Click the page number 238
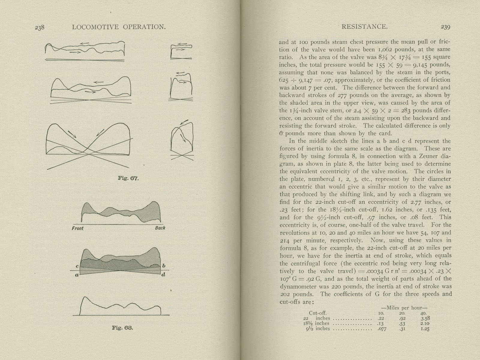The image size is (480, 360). [x=40, y=27]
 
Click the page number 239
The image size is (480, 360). [x=445, y=27]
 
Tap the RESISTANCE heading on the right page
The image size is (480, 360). [x=364, y=27]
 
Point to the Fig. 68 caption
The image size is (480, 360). [x=122, y=328]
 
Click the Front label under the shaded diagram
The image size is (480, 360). [x=78, y=228]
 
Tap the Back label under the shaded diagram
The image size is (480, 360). [x=160, y=228]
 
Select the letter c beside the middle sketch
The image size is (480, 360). [x=77, y=266]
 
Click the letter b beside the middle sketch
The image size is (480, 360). [x=164, y=266]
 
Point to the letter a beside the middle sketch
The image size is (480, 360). [x=77, y=275]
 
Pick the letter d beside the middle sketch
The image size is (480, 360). [x=163, y=274]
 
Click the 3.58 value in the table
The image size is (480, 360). [x=426, y=318]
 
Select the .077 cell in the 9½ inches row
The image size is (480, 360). [x=382, y=329]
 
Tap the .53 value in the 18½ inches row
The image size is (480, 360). [x=402, y=323]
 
